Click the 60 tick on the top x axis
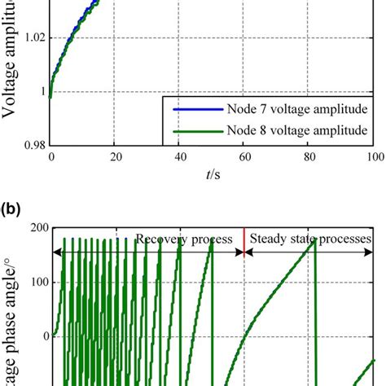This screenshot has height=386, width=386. [244, 159]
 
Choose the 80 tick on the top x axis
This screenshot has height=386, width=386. [309, 159]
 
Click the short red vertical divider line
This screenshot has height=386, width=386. [244, 241]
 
